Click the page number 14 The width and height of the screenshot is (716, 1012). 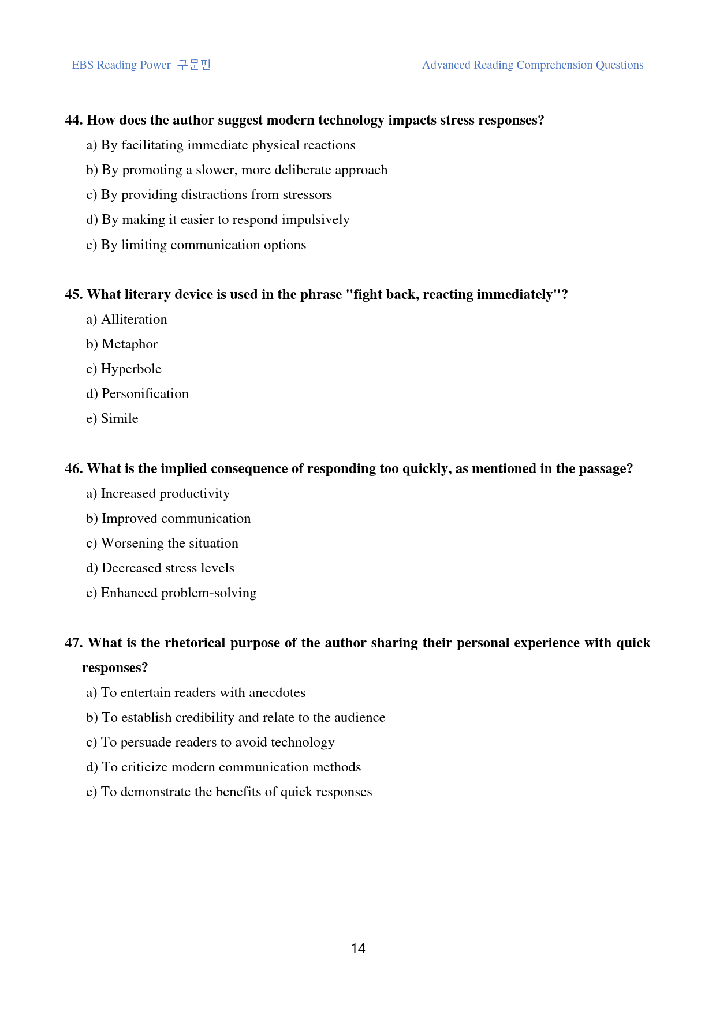pyautogui.click(x=358, y=949)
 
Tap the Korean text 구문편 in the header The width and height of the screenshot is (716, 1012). pyautogui.click(x=194, y=65)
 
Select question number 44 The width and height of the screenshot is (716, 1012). pyautogui.click(x=74, y=120)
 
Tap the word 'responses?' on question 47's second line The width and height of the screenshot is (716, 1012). pyautogui.click(x=115, y=668)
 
